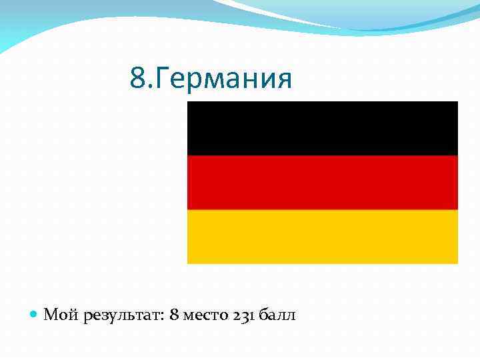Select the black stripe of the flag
coord(323,128)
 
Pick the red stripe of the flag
coord(323,182)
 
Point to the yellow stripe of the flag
coord(323,237)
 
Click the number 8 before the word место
coord(174,315)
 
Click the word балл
coord(277,315)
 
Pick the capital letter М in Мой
coord(51,315)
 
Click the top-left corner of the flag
coord(188,102)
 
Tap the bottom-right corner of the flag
coord(457,263)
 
